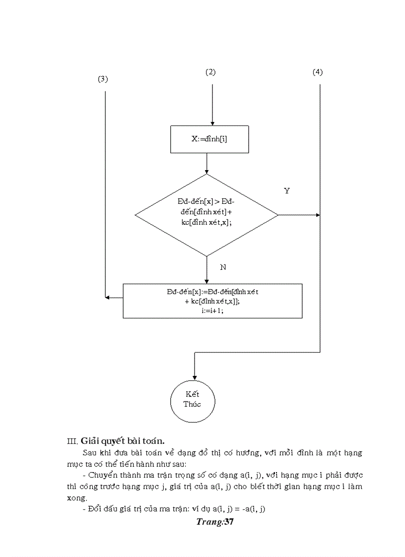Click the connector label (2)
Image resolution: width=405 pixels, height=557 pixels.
pos(210,72)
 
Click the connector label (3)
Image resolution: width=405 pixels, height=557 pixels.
pos(103,79)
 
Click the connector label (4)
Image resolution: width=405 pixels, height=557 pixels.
pos(318,72)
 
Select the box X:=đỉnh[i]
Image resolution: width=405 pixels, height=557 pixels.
pos(209,139)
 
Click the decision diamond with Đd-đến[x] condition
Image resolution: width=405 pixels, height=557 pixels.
pos(206,215)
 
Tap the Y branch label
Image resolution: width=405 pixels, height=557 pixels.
pos(287,190)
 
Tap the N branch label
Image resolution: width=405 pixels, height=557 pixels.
pos(223,267)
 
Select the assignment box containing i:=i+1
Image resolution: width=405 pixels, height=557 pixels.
pos(212,301)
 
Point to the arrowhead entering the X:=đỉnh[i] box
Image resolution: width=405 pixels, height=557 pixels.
pos(212,123)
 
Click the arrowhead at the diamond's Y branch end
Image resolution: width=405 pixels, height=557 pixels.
pos(317,215)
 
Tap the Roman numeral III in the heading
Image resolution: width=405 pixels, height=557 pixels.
pos(72,441)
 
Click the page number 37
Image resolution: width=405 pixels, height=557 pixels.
pos(228,521)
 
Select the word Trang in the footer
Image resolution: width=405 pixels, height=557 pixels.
pos(208,521)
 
